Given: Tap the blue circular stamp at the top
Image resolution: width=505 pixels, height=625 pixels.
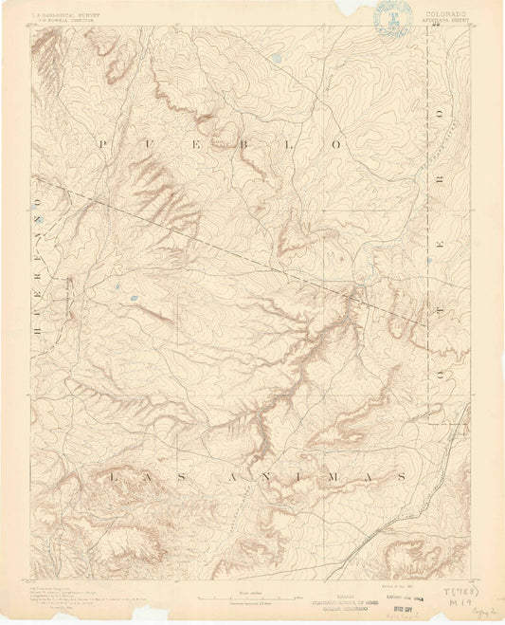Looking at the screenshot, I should tap(389, 18).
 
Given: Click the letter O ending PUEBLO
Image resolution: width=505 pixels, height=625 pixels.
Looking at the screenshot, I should tap(334, 143).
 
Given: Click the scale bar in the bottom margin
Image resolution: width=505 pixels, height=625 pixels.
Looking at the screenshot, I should tap(253, 598).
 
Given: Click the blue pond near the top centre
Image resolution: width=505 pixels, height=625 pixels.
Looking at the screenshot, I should tap(275, 59).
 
